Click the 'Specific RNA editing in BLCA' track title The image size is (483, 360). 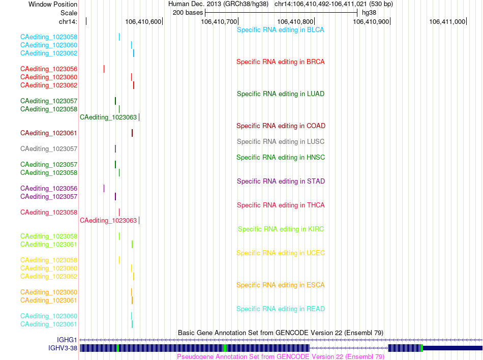pyautogui.click(x=280, y=30)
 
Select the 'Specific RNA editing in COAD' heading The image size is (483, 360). pyautogui.click(x=281, y=126)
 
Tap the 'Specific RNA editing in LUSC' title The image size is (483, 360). pyautogui.click(x=280, y=142)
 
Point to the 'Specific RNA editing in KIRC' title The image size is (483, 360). pyautogui.click(x=281, y=229)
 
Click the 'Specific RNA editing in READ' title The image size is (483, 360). pyautogui.click(x=281, y=309)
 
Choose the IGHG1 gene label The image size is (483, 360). pyautogui.click(x=67, y=340)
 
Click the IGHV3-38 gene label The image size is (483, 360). pyautogui.click(x=63, y=348)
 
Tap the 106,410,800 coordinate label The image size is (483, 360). pyautogui.click(x=295, y=21)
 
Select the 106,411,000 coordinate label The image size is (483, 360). pyautogui.click(x=447, y=21)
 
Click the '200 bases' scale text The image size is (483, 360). pyautogui.click(x=188, y=13)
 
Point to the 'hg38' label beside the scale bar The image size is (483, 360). pyautogui.click(x=369, y=13)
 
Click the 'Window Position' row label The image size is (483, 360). pyautogui.click(x=53, y=4)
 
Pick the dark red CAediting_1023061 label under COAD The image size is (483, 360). pyautogui.click(x=49, y=133)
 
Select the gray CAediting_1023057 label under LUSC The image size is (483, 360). pyautogui.click(x=49, y=149)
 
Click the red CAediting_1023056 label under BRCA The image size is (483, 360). pyautogui.click(x=49, y=69)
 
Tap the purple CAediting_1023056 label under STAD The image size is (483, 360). pyautogui.click(x=49, y=189)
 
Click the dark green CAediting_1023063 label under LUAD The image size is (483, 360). pyautogui.click(x=108, y=117)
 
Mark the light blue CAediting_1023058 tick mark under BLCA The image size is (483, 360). pyautogui.click(x=119, y=37)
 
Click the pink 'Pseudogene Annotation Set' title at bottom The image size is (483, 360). pyautogui.click(x=281, y=356)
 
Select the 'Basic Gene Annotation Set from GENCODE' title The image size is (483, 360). pyautogui.click(x=281, y=333)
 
